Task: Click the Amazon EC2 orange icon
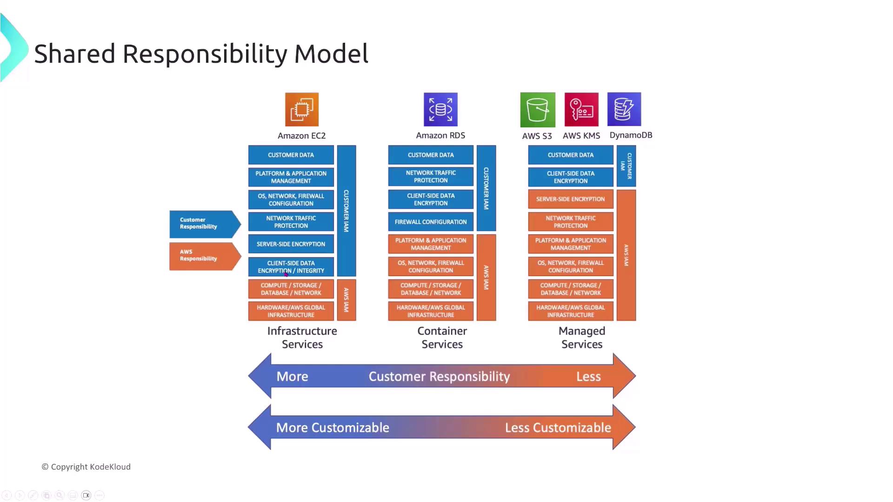[302, 110]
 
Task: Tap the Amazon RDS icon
[440, 110]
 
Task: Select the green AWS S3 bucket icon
[538, 110]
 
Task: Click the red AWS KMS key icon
[581, 110]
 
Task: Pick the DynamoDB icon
[624, 109]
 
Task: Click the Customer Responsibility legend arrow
[204, 224]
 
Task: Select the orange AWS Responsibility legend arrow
[204, 256]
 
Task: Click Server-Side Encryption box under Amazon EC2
[291, 244]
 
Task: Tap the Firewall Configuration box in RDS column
[431, 222]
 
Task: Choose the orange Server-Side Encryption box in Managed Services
[570, 199]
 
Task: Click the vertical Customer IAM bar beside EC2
[347, 211]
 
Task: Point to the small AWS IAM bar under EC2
[347, 300]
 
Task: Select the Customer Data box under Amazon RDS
[431, 155]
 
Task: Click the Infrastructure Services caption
[302, 337]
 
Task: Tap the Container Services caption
[442, 337]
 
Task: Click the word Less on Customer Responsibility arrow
[588, 376]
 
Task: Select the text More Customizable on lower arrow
[333, 428]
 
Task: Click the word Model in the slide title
[331, 54]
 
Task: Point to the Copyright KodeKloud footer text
[86, 467]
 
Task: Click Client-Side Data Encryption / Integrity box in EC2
[291, 267]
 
